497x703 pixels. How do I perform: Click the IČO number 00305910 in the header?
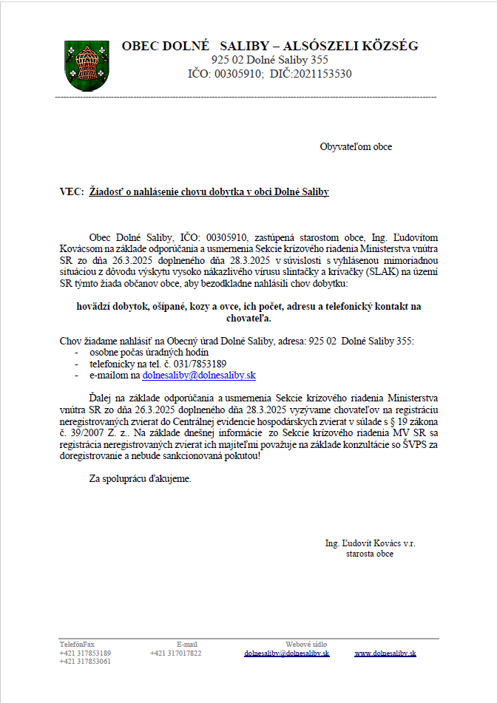(238, 74)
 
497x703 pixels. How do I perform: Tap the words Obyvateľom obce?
(356, 146)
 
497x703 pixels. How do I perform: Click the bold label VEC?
(72, 191)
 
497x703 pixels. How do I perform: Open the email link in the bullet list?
(199, 376)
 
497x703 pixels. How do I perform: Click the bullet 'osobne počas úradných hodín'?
(149, 353)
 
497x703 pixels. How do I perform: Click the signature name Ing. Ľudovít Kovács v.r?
(370, 543)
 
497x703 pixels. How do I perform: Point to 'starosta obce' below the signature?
(370, 553)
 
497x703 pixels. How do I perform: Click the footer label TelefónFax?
(77, 645)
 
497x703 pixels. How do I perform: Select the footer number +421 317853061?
(85, 661)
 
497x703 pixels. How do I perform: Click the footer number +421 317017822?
(175, 653)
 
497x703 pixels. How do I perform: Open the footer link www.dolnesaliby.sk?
(385, 653)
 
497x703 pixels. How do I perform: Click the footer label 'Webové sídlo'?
(306, 645)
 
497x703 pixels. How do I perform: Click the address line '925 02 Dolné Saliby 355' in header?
(270, 60)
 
